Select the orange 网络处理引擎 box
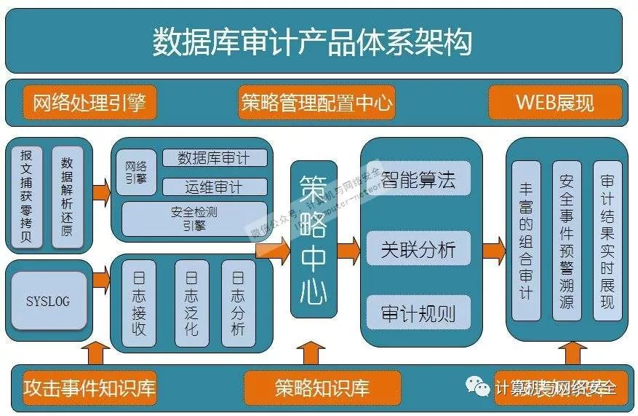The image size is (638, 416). (x=89, y=103)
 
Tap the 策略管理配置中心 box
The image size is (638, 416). (x=316, y=103)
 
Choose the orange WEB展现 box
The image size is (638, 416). (x=555, y=103)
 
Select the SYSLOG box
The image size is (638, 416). (x=48, y=300)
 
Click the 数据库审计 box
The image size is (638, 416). (x=214, y=158)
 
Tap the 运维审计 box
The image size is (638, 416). (x=214, y=187)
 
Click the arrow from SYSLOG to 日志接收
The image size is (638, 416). (x=101, y=278)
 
